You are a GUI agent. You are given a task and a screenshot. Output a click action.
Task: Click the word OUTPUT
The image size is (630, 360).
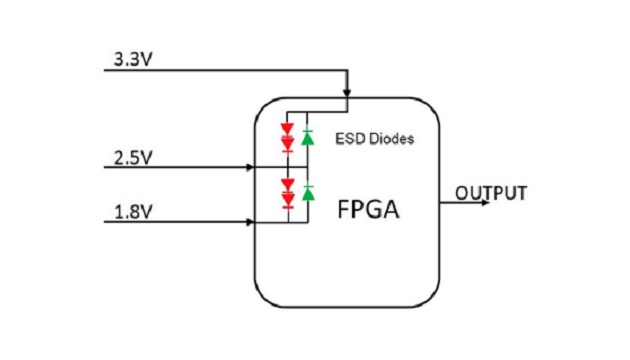(x=490, y=193)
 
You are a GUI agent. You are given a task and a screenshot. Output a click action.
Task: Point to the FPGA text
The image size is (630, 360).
(x=367, y=212)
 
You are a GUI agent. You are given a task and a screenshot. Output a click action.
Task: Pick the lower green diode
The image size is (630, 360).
(x=308, y=192)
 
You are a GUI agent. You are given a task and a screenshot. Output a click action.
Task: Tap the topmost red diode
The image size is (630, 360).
(x=288, y=129)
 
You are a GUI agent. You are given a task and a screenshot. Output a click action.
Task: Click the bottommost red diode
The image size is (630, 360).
(x=288, y=200)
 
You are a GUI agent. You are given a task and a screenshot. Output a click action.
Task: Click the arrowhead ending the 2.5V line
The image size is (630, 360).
(x=251, y=166)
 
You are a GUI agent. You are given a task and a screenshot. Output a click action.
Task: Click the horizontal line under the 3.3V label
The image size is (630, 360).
(x=220, y=72)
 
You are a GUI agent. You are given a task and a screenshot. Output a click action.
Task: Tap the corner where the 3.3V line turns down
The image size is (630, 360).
(x=347, y=72)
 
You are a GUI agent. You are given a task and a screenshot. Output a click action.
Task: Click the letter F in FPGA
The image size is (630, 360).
(x=342, y=212)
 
